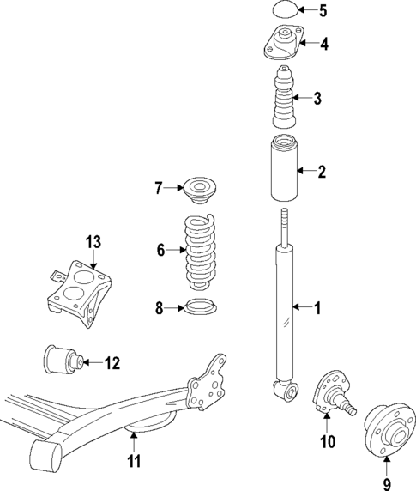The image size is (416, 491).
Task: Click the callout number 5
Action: coord(323,11)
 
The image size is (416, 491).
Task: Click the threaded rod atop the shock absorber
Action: coord(283,227)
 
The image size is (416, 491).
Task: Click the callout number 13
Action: coord(93,242)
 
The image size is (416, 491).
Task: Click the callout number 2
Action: coord(322,172)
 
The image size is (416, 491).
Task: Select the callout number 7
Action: coord(158,187)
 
